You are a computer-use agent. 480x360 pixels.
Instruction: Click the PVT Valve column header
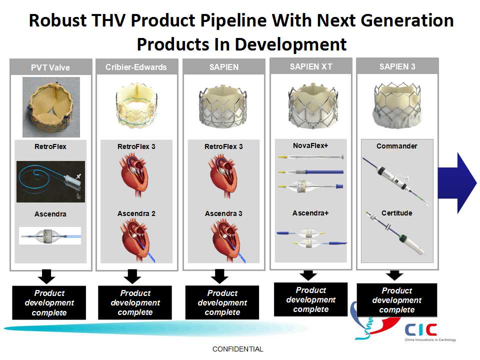(50, 67)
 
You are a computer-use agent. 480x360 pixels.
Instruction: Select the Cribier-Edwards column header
(136, 67)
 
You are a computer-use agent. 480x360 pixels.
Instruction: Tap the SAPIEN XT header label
(310, 66)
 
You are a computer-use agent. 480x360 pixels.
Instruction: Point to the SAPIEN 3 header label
(397, 66)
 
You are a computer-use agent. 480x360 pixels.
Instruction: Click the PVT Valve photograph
(51, 107)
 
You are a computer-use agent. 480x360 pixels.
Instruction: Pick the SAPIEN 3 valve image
(397, 104)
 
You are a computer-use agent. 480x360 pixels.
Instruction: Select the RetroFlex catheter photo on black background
(51, 181)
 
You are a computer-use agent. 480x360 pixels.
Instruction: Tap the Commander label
(396, 146)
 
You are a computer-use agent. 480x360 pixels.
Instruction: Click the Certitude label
(396, 213)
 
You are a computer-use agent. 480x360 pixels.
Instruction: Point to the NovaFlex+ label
(310, 145)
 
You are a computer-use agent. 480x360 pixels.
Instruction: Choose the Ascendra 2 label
(136, 213)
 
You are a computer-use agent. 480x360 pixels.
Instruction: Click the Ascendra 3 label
(223, 213)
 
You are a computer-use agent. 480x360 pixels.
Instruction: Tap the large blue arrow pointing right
(456, 183)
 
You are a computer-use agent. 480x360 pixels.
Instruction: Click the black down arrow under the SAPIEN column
(219, 276)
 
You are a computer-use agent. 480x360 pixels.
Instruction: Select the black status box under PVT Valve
(49, 303)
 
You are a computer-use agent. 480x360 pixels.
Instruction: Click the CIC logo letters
(420, 330)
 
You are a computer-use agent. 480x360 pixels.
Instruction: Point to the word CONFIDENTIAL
(238, 349)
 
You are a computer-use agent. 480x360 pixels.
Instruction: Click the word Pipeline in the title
(233, 21)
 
